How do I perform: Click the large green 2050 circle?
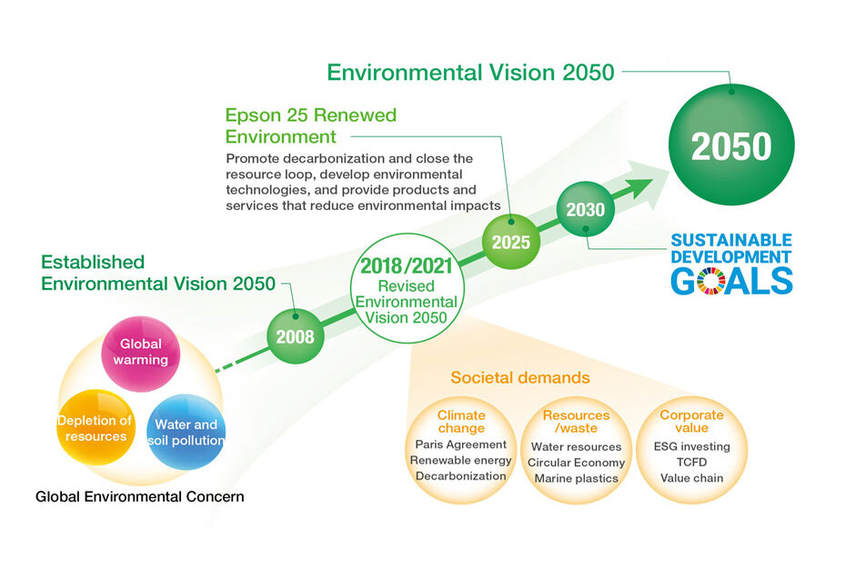tap(731, 145)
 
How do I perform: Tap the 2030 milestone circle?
tap(586, 209)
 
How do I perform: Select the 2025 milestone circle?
tap(511, 242)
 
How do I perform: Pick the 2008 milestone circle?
tap(295, 336)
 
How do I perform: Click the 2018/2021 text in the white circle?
tap(407, 266)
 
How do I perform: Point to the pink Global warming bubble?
tap(141, 354)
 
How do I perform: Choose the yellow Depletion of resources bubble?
tap(96, 428)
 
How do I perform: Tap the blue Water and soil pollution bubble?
tap(186, 432)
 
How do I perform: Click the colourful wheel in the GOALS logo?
tap(711, 281)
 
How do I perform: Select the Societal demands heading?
tap(520, 378)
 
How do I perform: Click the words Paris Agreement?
tap(461, 444)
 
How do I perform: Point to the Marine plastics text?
tap(577, 478)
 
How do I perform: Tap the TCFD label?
tap(691, 462)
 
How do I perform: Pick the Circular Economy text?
tap(577, 463)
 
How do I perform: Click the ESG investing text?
tap(691, 446)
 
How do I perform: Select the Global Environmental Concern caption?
tap(139, 496)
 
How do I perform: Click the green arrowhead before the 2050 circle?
tap(639, 188)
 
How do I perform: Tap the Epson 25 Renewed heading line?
tap(311, 115)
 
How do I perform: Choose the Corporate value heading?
tap(691, 422)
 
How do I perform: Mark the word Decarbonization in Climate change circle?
tap(461, 476)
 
